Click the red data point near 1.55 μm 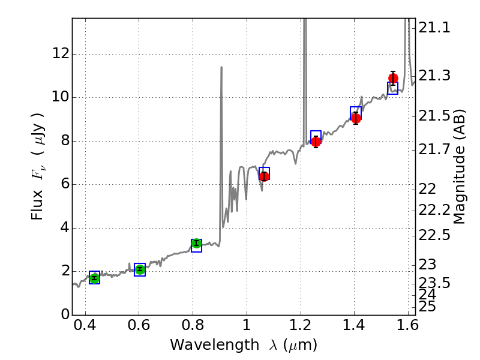(393, 78)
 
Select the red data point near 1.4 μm (356, 118)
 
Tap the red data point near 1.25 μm (316, 142)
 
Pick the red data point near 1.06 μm (263, 176)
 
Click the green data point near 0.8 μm (196, 243)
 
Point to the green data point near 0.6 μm (140, 269)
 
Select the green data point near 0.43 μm (94, 278)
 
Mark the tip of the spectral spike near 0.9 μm (221, 67)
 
